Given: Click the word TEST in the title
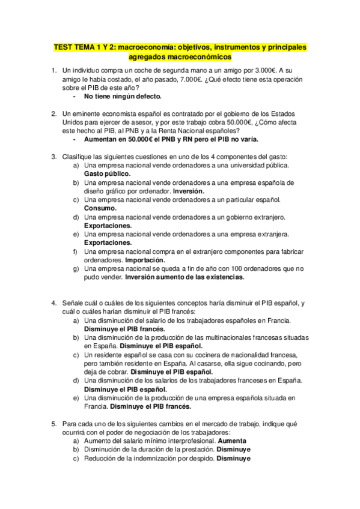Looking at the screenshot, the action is click(63, 47).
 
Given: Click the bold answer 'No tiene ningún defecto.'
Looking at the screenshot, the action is click(123, 96).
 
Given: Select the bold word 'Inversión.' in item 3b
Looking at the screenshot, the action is click(189, 191).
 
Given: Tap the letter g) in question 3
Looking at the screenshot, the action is click(75, 269).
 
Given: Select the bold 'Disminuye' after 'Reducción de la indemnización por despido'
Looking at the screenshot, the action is click(233, 458).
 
